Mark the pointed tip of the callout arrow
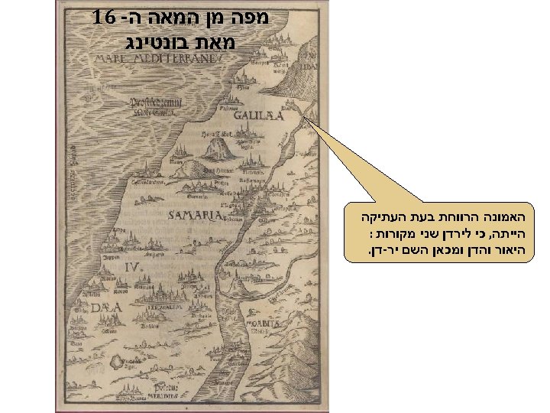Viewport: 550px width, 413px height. pos(304,117)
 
